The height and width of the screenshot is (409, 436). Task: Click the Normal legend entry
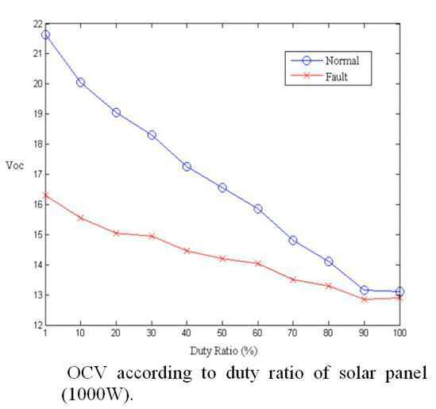325,60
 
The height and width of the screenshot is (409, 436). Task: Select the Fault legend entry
319,76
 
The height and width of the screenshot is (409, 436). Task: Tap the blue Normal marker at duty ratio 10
80,83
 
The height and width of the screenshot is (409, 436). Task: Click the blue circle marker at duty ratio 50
222,188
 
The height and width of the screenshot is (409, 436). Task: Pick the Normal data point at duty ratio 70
293,240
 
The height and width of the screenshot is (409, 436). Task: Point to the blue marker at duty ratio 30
152,135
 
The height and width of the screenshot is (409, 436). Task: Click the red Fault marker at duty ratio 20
116,233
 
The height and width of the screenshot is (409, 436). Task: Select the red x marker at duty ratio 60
258,264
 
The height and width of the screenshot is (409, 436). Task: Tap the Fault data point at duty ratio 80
329,286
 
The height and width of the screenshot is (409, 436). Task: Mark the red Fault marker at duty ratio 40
187,251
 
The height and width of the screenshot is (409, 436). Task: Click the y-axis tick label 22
37,24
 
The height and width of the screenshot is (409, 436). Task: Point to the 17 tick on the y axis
37,175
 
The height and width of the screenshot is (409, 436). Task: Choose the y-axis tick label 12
37,325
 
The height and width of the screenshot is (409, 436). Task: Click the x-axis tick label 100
399,333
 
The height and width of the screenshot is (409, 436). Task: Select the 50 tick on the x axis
222,333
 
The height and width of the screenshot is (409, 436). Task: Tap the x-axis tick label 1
45,333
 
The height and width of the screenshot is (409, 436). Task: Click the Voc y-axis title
15,166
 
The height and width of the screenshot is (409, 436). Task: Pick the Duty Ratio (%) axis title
224,351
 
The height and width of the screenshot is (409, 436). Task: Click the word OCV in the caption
87,372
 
